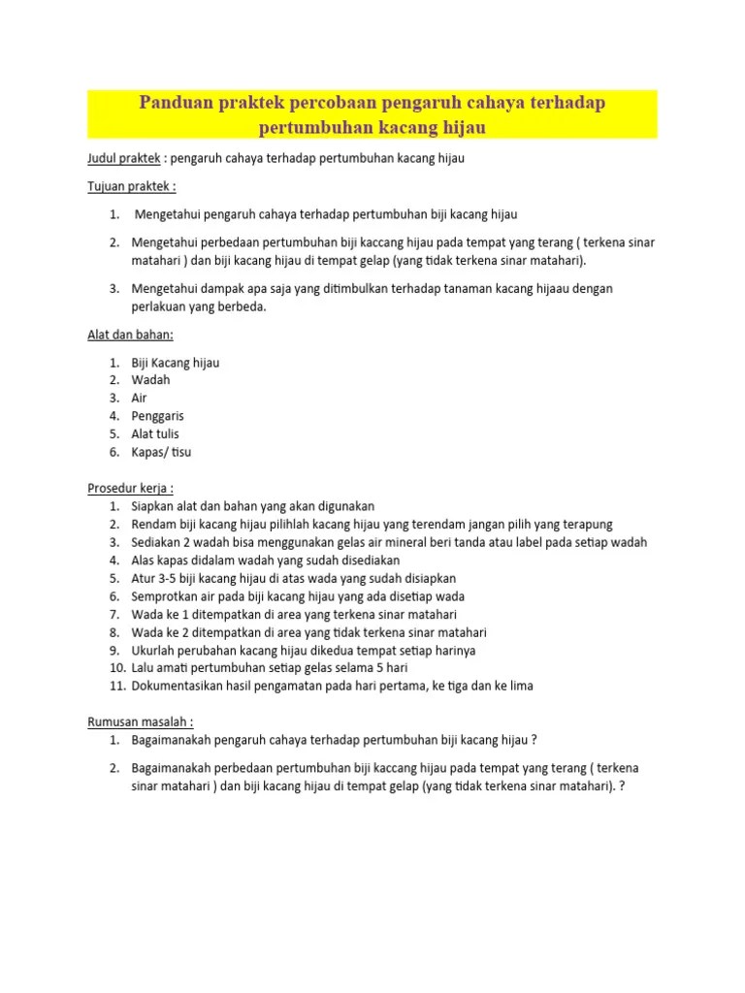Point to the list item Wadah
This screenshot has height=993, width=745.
pyautogui.click(x=150, y=380)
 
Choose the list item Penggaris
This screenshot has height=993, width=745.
pyautogui.click(x=158, y=416)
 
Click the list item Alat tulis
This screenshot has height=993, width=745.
pyautogui.click(x=155, y=433)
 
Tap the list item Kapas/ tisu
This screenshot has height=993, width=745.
pyautogui.click(x=161, y=452)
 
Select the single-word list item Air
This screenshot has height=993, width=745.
pyautogui.click(x=140, y=398)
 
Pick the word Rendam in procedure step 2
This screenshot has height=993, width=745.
pyautogui.click(x=153, y=524)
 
